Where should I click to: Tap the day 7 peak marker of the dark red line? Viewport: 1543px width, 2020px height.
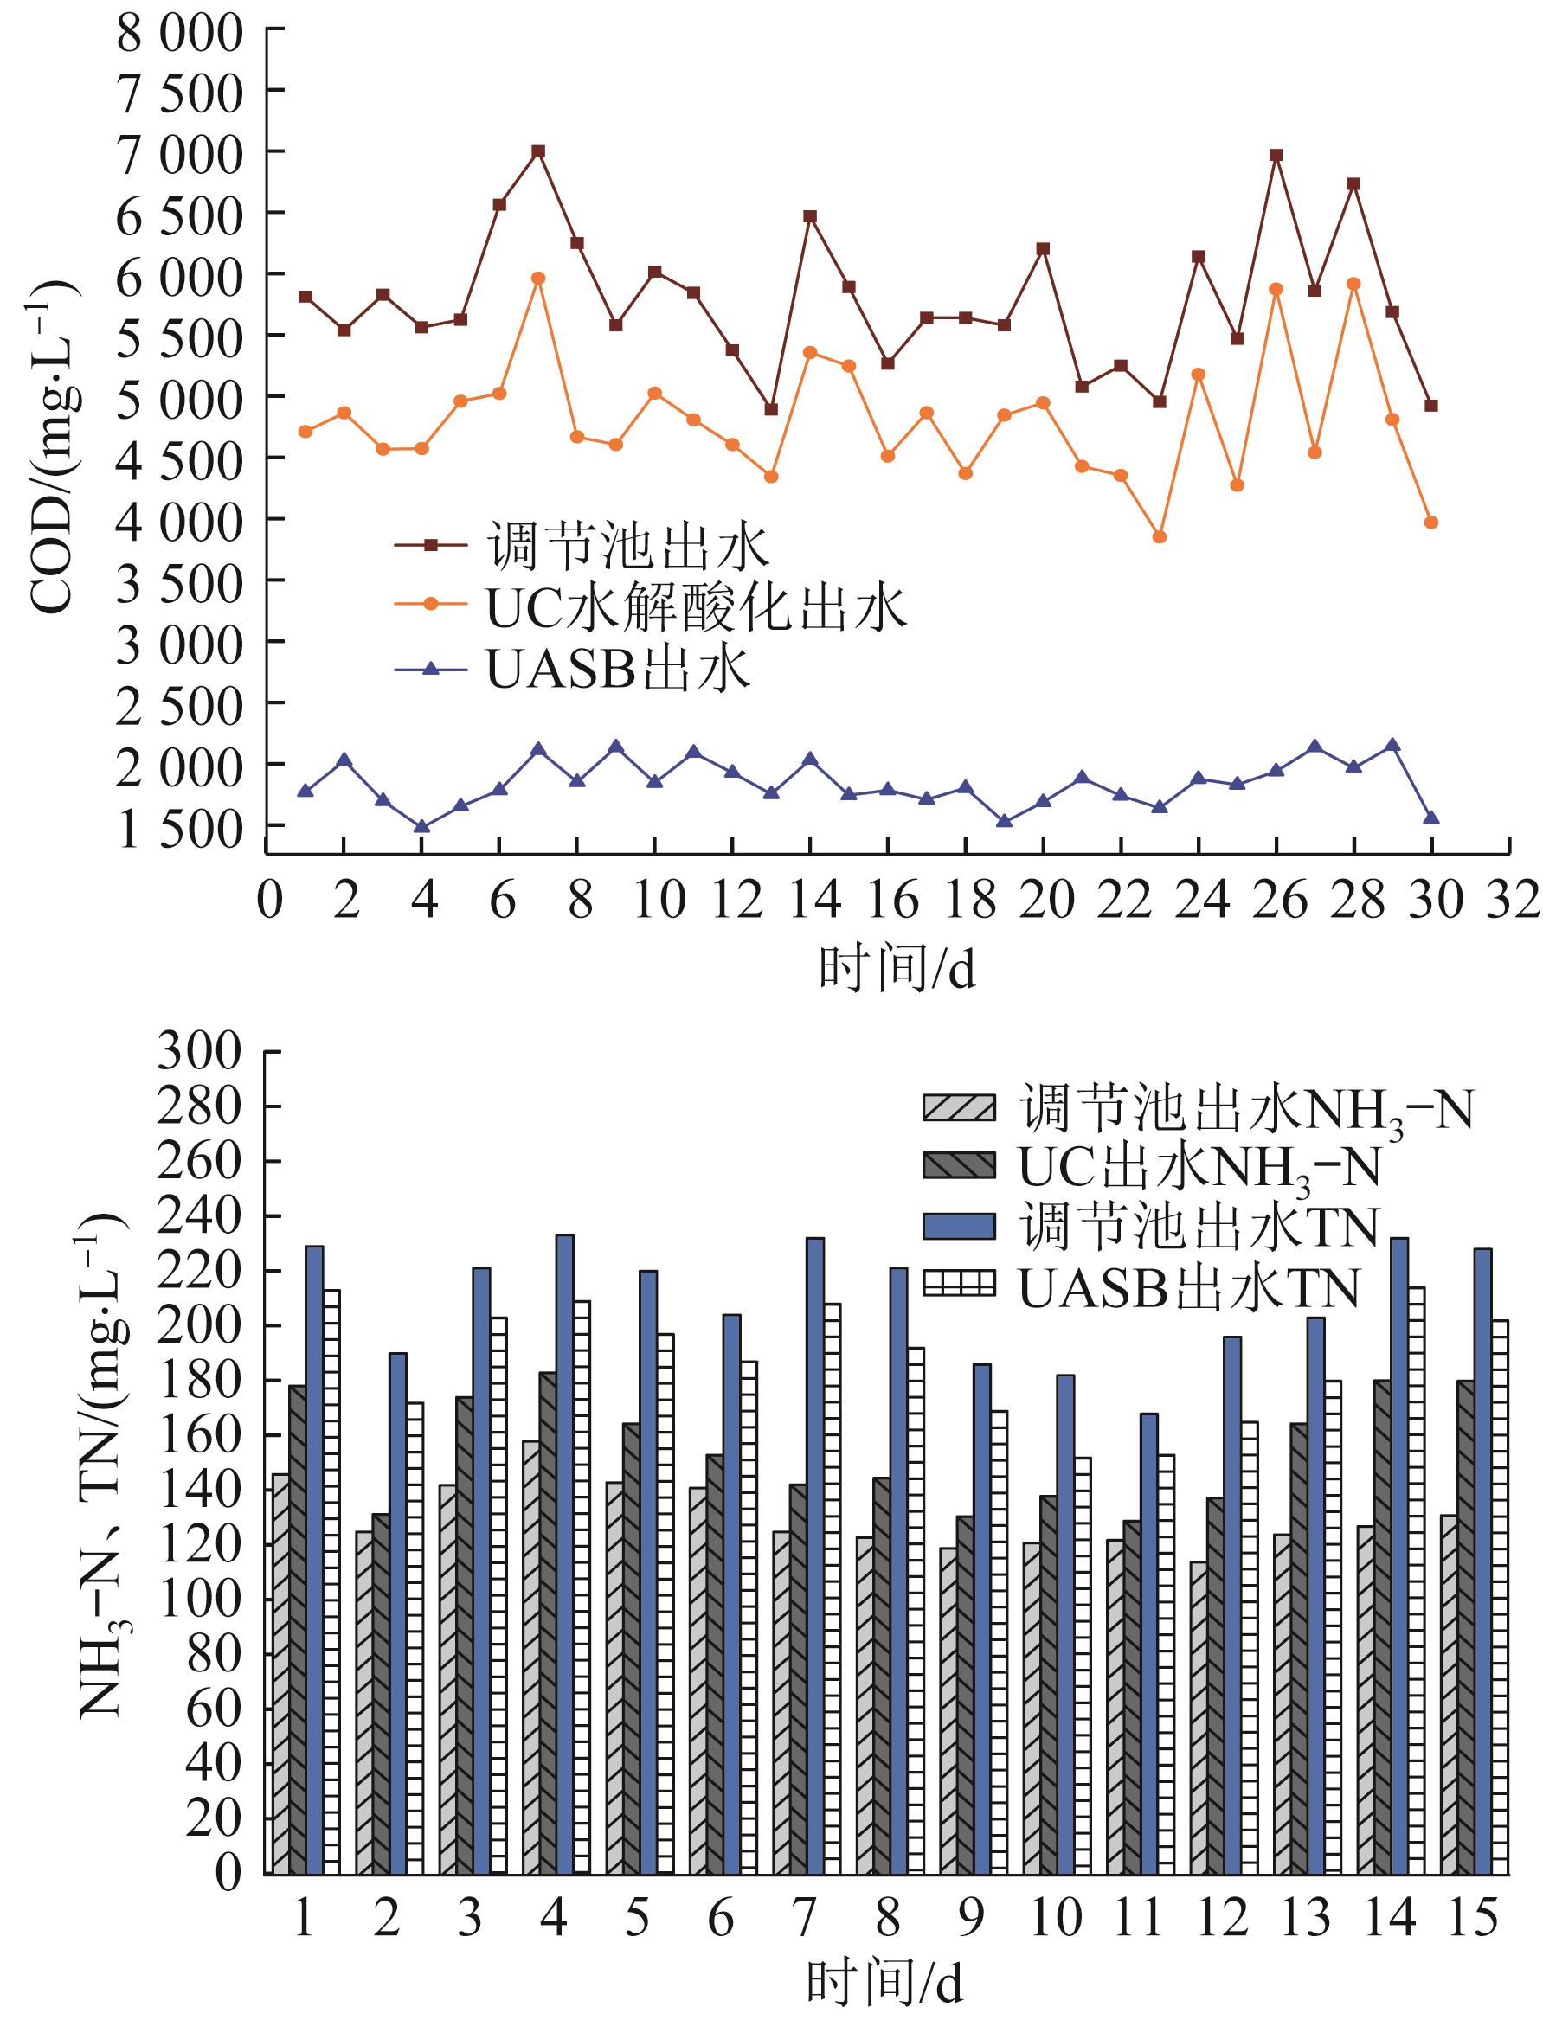pyautogui.click(x=538, y=151)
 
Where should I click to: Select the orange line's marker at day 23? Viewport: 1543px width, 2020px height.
pyautogui.click(x=1159, y=537)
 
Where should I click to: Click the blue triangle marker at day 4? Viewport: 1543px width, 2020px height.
pyautogui.click(x=421, y=826)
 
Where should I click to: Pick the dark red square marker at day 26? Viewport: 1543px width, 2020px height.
pyautogui.click(x=1276, y=155)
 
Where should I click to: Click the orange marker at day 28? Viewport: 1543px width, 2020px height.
pyautogui.click(x=1353, y=284)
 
